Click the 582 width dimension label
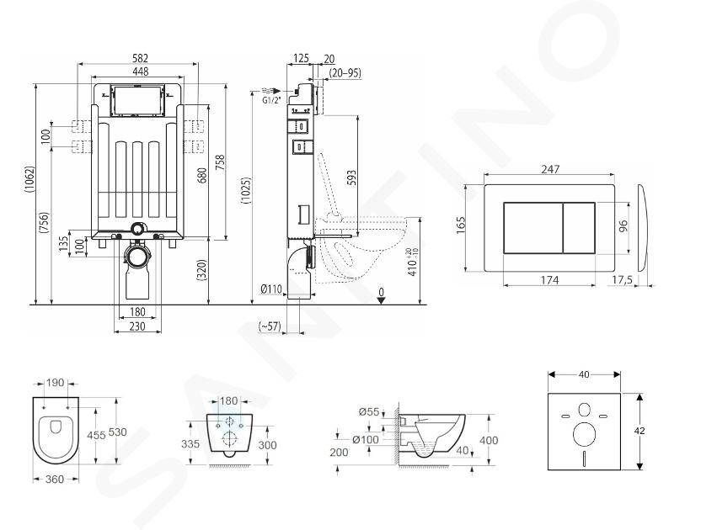click(140, 58)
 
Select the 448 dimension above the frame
click(141, 72)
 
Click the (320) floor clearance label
click(202, 270)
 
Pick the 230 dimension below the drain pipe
click(137, 326)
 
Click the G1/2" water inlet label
click(271, 101)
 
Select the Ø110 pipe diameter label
click(270, 289)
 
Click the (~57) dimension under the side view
click(270, 326)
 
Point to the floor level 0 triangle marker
click(381, 300)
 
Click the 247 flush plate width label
click(550, 169)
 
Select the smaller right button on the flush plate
click(579, 228)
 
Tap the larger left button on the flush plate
click(533, 228)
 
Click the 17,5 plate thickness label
click(623, 280)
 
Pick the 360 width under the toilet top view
click(55, 479)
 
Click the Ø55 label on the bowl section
click(369, 411)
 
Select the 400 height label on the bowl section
click(489, 440)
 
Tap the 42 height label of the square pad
click(639, 431)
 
